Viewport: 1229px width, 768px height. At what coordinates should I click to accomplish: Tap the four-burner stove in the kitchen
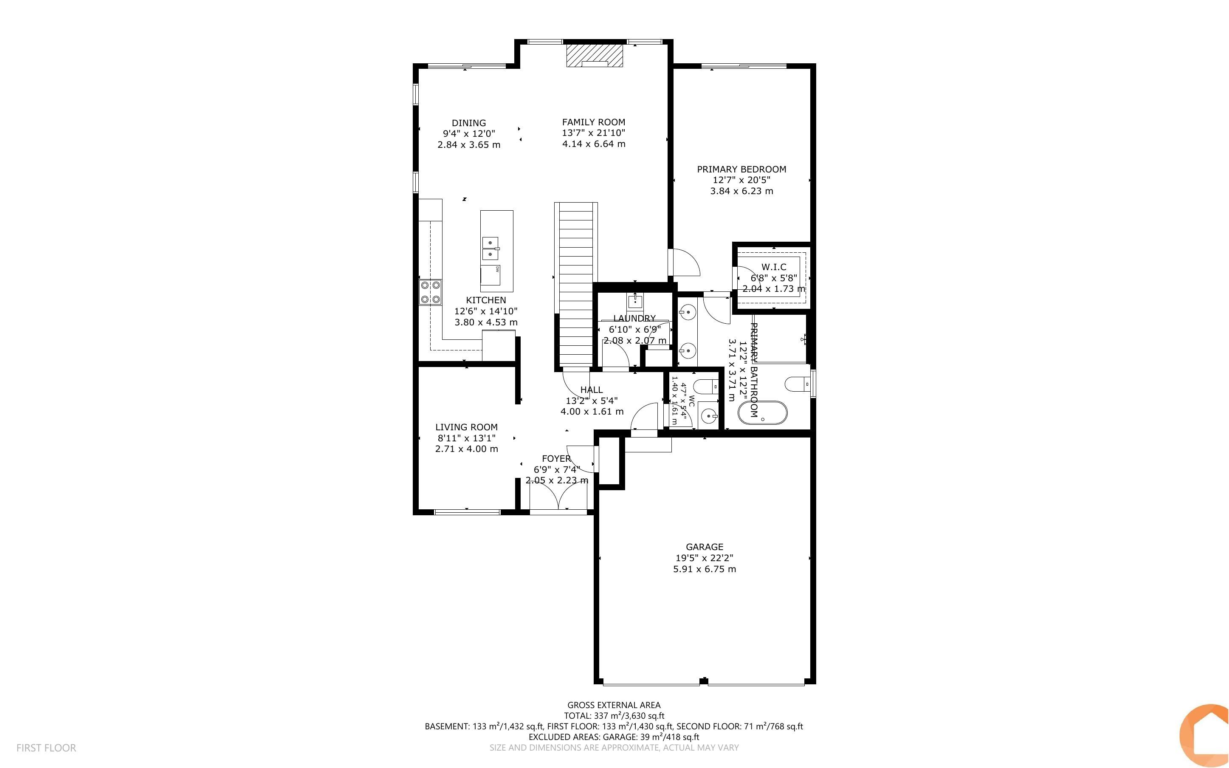430,292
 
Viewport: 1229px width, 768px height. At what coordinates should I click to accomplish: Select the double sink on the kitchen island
490,248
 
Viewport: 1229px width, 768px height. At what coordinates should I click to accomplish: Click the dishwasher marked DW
490,275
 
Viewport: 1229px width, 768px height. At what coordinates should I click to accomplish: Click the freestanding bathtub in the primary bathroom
762,413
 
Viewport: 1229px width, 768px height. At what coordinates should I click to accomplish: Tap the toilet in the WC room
706,387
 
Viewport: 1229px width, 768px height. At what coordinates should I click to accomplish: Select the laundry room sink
635,302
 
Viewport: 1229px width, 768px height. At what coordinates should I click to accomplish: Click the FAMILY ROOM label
593,122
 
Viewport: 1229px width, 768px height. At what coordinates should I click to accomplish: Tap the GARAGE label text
704,547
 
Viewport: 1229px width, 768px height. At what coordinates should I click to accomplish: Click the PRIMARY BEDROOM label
741,169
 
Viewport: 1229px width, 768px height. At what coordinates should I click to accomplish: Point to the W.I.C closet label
774,267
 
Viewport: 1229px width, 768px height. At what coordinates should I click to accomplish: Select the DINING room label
468,123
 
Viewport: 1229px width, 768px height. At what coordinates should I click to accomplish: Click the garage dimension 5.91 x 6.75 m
704,569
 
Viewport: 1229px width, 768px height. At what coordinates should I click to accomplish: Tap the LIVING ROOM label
466,427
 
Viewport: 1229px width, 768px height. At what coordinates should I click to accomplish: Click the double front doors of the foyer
558,495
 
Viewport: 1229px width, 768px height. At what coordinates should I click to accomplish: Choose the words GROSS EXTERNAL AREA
614,705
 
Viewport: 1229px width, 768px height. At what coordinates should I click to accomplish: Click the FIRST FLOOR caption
46,748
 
